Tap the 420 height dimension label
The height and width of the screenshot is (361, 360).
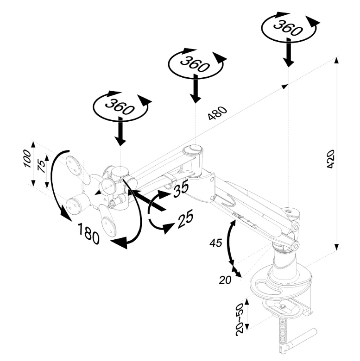tap(331, 159)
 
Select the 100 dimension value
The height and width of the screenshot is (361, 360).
tap(27, 159)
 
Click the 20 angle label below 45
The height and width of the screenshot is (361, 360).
tap(226, 279)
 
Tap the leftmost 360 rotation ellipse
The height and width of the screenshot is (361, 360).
tap(120, 107)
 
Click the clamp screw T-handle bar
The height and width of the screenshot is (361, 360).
tap(301, 340)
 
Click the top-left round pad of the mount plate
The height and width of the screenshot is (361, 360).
tap(75, 165)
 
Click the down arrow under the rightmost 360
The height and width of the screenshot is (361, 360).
tap(289, 53)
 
